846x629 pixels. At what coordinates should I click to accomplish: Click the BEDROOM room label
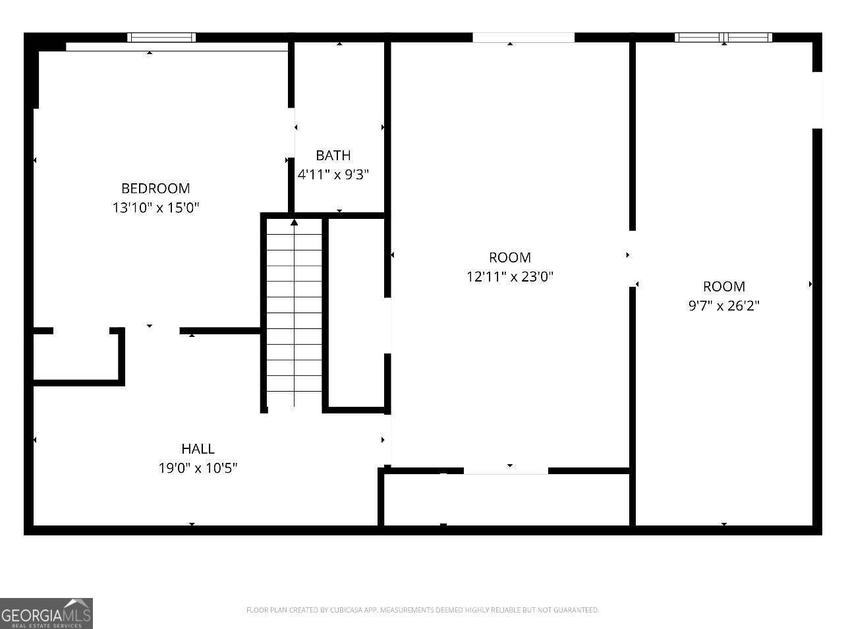155,189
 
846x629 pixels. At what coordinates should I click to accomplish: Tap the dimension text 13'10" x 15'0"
155,208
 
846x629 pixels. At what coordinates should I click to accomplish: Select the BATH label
333,156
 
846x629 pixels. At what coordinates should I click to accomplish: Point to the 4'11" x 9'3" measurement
333,175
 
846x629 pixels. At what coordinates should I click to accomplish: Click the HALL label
198,449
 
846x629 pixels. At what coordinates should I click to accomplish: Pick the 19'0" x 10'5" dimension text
198,468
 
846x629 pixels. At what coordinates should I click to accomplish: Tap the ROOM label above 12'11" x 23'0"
509,258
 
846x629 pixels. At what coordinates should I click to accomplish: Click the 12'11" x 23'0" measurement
509,277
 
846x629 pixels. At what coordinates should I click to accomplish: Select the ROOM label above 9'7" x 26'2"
723,287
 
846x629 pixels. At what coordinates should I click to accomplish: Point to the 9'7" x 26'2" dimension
723,306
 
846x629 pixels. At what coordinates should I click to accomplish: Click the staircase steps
294,316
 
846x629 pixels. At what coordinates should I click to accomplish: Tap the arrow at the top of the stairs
294,223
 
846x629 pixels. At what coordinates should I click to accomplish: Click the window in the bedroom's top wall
161,38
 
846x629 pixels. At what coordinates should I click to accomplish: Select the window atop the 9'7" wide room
723,38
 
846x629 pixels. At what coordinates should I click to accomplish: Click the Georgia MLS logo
46,613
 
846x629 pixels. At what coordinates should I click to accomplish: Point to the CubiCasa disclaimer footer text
422,611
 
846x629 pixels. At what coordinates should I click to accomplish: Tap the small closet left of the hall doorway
76,356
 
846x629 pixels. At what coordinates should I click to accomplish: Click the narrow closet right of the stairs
356,313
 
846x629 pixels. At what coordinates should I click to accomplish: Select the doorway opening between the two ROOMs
632,258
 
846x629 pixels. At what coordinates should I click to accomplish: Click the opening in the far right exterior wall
817,100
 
